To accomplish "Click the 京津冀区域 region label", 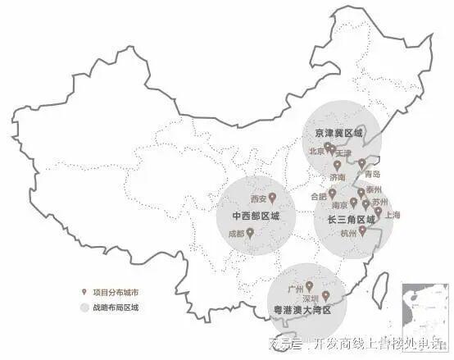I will click(338, 132).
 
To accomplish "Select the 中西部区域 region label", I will click(256, 216).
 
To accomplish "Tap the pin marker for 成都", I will click(250, 233).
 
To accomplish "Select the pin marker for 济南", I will click(337, 165).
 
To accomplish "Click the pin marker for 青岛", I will click(361, 163).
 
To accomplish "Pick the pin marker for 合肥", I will click(332, 194).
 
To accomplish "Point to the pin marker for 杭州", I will click(361, 230).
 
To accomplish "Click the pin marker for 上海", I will click(378, 212).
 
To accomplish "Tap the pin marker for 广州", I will click(309, 286).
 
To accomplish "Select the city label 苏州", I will click(379, 202).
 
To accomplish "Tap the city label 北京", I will click(316, 151).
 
